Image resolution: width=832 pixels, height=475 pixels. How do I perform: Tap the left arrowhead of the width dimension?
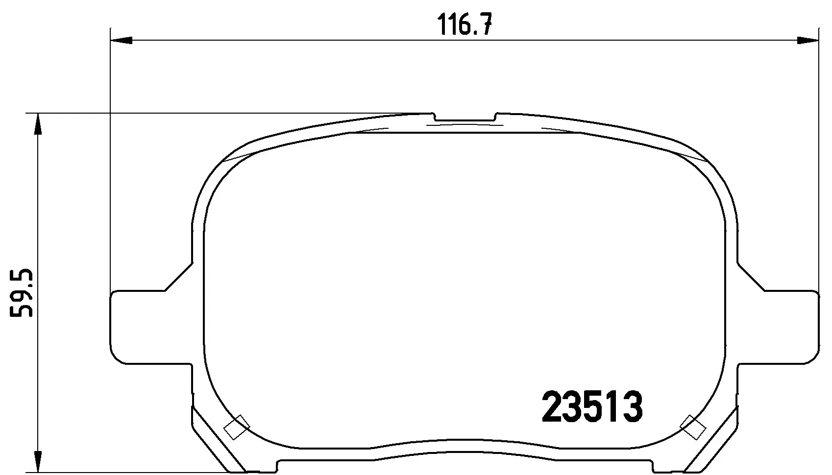coord(122,40)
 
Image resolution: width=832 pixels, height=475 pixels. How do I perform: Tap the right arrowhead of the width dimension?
coord(807,40)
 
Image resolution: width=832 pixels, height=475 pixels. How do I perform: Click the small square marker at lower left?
coord(237,427)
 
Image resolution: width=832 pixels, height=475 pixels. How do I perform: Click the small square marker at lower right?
coord(693,427)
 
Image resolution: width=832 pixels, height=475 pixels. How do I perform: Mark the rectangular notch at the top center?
coord(465,118)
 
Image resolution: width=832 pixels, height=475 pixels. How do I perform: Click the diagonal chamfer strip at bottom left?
coord(218,438)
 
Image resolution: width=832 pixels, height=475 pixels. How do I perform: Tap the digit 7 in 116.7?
coord(485,24)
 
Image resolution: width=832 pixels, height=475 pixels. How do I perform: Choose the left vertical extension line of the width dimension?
coord(111,162)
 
